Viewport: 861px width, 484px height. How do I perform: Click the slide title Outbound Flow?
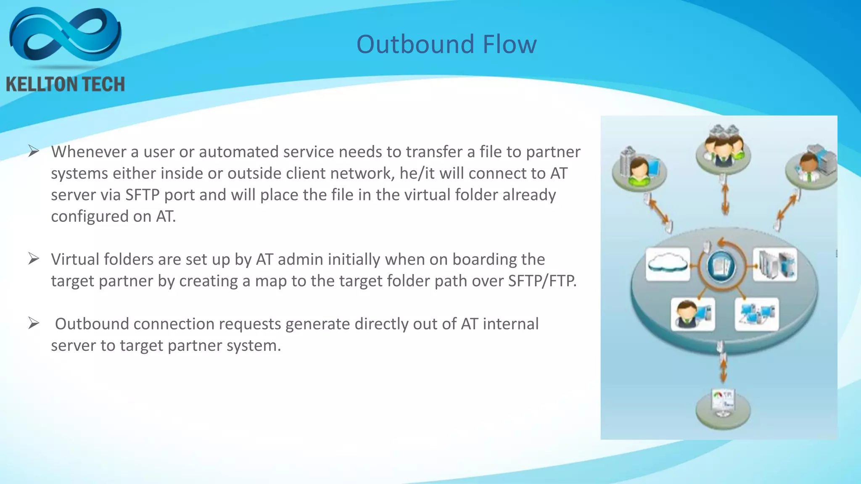[446, 44]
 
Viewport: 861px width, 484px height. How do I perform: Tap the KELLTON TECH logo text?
[66, 84]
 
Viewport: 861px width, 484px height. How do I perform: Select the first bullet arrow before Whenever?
[34, 151]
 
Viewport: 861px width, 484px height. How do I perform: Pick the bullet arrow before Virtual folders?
[34, 258]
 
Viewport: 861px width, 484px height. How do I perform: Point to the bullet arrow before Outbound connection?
[34, 323]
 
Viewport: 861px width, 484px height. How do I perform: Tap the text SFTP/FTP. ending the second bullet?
[542, 281]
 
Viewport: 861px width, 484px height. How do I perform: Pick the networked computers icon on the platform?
[756, 314]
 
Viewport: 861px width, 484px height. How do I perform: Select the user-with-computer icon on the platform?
[692, 314]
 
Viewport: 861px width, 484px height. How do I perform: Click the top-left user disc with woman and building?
[639, 170]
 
